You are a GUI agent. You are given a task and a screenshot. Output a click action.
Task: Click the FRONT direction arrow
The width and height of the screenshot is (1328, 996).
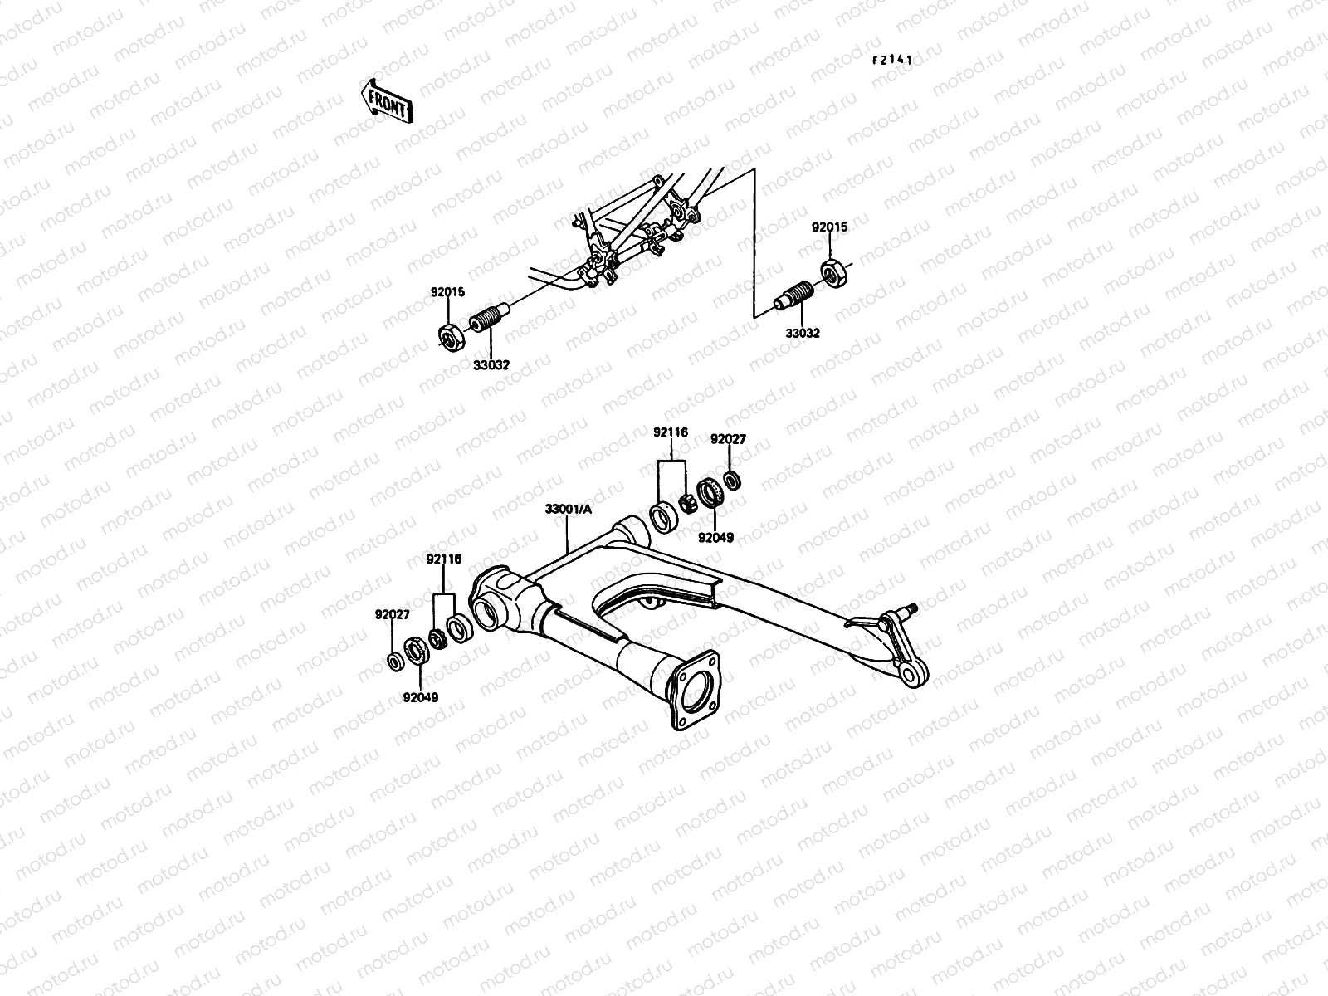[x=385, y=100]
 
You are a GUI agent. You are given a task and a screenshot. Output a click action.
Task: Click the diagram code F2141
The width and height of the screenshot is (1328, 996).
[x=892, y=60]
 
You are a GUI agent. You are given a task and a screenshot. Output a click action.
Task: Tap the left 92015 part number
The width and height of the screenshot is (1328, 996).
[x=447, y=292]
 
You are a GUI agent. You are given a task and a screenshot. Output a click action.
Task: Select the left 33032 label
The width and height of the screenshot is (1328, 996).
[x=493, y=365]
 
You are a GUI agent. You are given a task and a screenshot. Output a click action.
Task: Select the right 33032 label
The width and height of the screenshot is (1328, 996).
[x=803, y=333]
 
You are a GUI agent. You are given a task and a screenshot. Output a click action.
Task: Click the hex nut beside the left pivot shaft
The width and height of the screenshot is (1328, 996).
[x=450, y=338]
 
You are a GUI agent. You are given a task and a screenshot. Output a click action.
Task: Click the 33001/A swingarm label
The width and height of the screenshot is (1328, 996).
[x=569, y=510]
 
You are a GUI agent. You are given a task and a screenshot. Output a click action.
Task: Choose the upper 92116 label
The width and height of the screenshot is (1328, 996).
[x=670, y=432]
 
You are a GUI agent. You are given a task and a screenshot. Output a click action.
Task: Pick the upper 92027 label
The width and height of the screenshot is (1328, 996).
[x=727, y=439]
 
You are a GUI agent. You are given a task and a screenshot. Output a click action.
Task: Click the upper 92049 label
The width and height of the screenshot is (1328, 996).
[x=715, y=537]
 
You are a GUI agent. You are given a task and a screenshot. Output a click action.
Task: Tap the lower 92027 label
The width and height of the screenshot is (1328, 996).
[x=392, y=615]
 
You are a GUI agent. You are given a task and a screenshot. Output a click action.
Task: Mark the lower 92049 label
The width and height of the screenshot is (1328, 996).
[x=422, y=697]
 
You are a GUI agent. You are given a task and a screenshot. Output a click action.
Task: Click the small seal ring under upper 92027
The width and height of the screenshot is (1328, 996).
[x=732, y=480]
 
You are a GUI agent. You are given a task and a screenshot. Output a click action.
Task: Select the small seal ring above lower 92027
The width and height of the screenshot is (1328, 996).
[x=395, y=662]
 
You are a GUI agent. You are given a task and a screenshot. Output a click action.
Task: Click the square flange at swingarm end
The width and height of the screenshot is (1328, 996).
[x=694, y=688]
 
